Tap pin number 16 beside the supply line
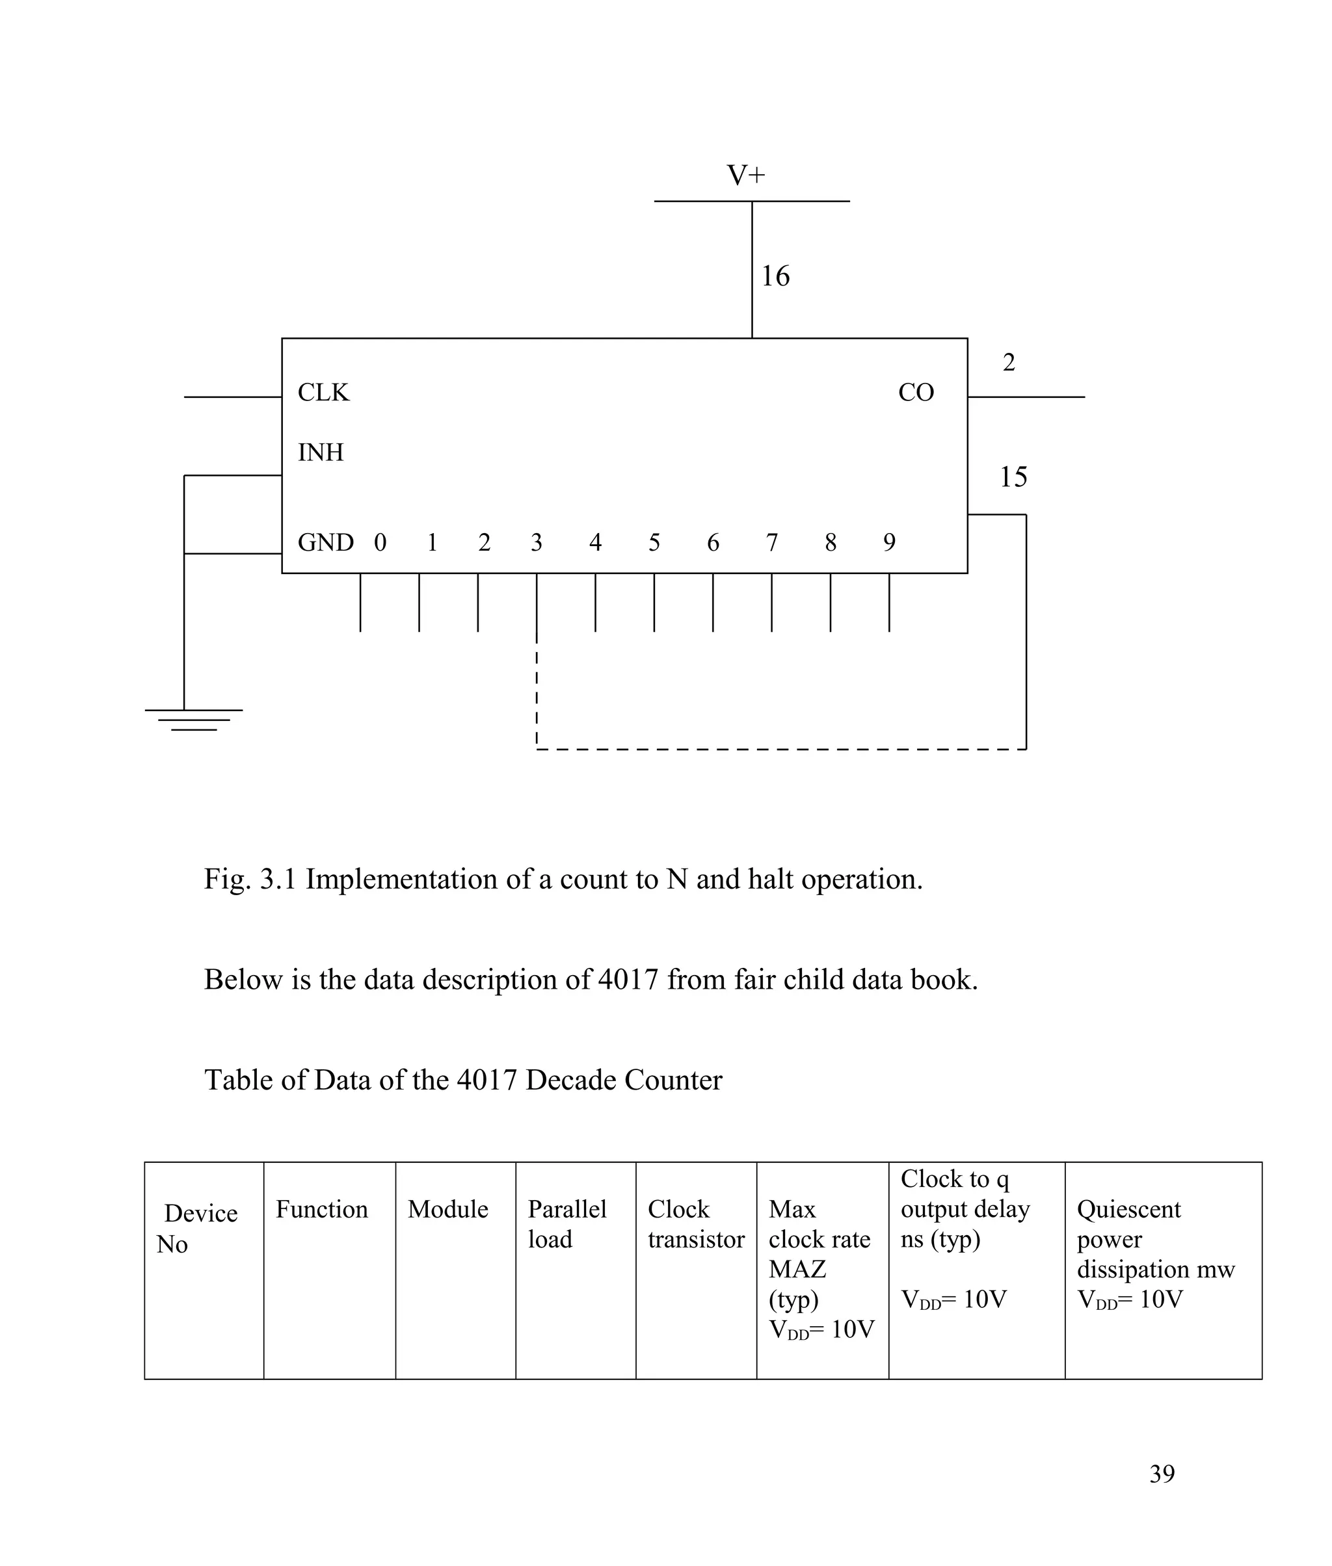click(x=775, y=276)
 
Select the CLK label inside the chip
click(x=323, y=393)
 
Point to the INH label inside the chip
click(x=320, y=453)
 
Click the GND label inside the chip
click(x=325, y=543)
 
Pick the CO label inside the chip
click(x=916, y=393)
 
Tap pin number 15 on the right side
click(x=1013, y=477)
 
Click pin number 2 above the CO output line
click(x=1008, y=363)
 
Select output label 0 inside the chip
click(x=380, y=543)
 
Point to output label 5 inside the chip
click(x=654, y=543)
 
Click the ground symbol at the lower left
click(x=193, y=719)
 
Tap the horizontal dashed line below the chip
click(x=778, y=750)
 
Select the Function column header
click(x=322, y=1209)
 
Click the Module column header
click(x=447, y=1209)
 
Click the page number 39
click(x=1162, y=1473)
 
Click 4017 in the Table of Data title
click(x=486, y=1080)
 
